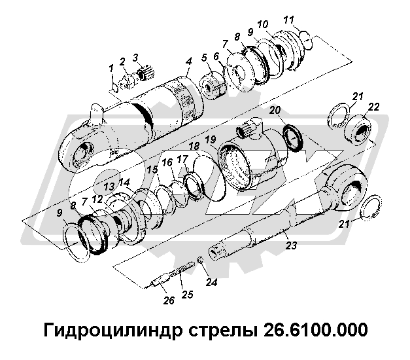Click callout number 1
click(111, 67)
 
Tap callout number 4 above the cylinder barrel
click(188, 62)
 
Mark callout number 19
click(209, 140)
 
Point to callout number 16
click(167, 161)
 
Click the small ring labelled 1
click(115, 82)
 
